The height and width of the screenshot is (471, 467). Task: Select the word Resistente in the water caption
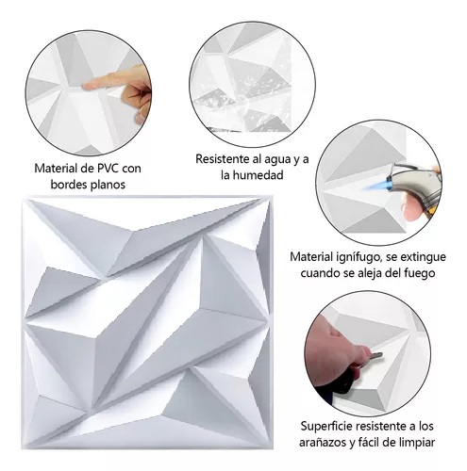[x=223, y=159]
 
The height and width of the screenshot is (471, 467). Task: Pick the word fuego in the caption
[x=419, y=273]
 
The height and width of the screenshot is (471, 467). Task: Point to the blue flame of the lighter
[x=375, y=188]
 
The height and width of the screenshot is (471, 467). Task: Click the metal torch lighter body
[x=414, y=183]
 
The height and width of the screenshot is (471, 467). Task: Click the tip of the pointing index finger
[x=85, y=85]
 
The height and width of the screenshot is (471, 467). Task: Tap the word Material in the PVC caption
[x=56, y=169]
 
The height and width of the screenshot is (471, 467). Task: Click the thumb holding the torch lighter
[x=411, y=208]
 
